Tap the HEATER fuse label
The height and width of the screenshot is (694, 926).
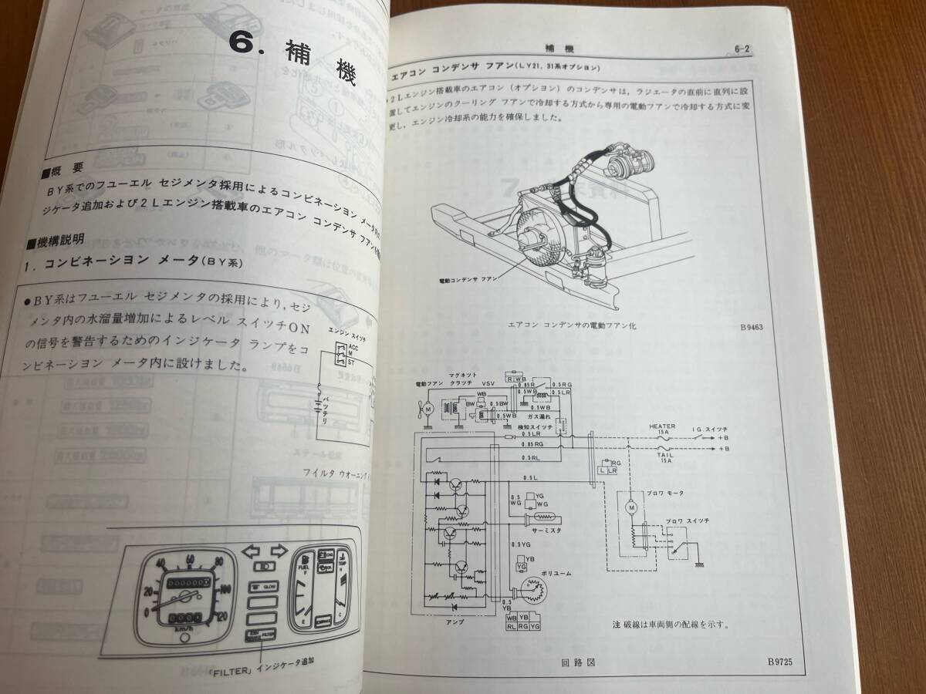(661, 426)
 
